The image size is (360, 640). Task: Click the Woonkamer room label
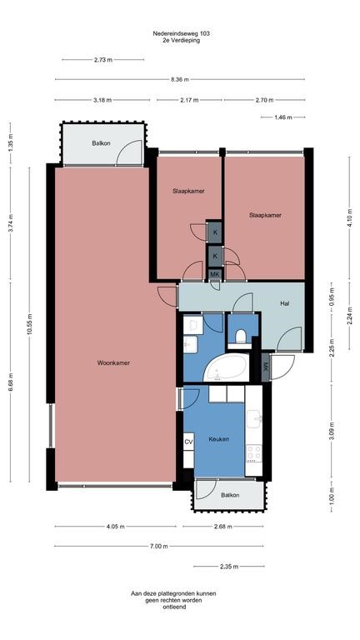click(114, 362)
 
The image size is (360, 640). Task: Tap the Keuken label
click(219, 438)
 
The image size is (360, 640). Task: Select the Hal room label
click(284, 302)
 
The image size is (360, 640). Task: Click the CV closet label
click(188, 441)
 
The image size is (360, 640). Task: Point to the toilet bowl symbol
click(241, 337)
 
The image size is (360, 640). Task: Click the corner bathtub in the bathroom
click(228, 367)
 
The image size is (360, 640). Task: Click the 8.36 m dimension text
click(180, 79)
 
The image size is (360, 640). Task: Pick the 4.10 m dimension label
click(349, 218)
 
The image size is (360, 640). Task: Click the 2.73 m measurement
click(103, 60)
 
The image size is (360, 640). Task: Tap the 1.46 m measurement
click(283, 117)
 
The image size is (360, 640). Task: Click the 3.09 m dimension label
click(331, 432)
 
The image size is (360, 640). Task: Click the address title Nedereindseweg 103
click(181, 33)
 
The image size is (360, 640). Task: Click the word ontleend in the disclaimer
click(180, 606)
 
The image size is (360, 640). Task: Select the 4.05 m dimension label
click(115, 526)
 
